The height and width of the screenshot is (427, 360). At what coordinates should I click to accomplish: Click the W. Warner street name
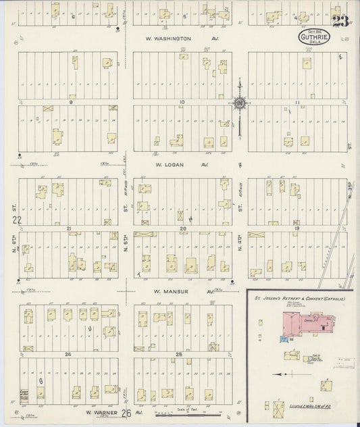pos(101,411)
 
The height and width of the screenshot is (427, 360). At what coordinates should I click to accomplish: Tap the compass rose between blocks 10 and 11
pos(239,103)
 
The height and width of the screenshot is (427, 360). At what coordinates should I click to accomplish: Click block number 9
pos(70,102)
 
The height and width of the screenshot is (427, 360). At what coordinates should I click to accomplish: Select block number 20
pos(182,229)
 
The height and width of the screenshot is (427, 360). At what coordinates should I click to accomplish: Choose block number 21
pos(69,229)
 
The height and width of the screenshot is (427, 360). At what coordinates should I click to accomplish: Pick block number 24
pos(68,354)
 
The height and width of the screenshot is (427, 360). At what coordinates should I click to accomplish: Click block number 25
pos(179,354)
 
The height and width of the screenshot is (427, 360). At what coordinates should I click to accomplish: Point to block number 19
pos(297,229)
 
